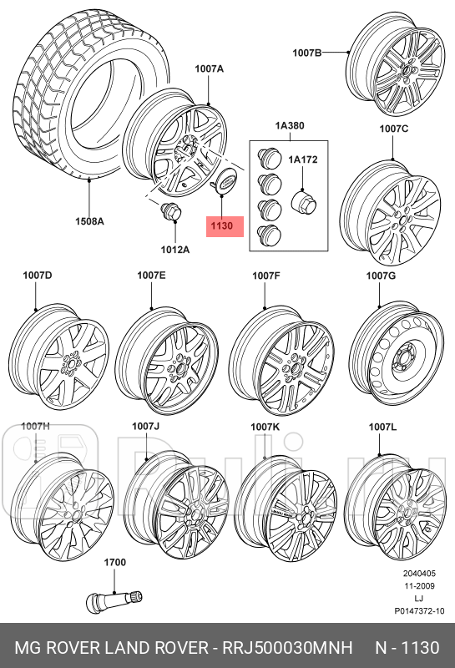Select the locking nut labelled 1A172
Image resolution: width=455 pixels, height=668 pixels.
pyautogui.click(x=301, y=200)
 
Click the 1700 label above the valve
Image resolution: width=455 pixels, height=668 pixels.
pyautogui.click(x=115, y=562)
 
